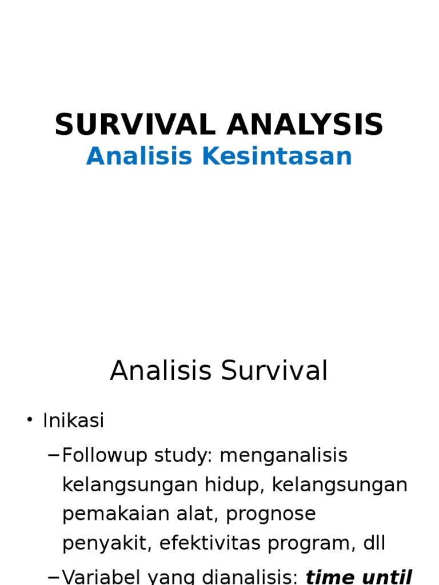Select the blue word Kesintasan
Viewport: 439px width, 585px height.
click(277, 157)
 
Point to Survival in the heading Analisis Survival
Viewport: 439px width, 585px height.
click(274, 371)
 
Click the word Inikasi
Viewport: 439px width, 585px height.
click(73, 421)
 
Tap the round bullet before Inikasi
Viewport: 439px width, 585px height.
click(30, 420)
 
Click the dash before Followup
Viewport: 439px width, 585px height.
click(54, 455)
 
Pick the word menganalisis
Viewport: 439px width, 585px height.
click(284, 456)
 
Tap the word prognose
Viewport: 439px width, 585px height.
click(271, 514)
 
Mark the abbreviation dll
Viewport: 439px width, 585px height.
click(373, 544)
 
